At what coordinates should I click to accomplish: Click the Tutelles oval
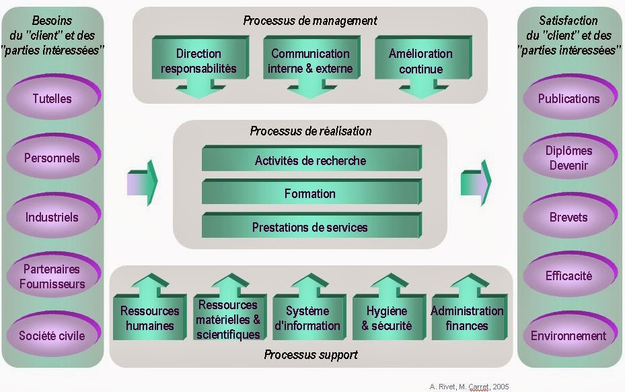[x=52, y=99]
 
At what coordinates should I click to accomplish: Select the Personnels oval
[x=52, y=158]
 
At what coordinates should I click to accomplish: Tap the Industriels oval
[x=52, y=218]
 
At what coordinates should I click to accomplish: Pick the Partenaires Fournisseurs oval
[x=52, y=276]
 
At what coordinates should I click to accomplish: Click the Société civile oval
[x=52, y=335]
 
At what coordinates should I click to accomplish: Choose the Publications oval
[x=568, y=99]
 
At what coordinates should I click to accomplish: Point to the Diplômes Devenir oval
[x=568, y=158]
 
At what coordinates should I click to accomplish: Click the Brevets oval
[x=568, y=218]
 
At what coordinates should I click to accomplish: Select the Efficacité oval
[x=568, y=276]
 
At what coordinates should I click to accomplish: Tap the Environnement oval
[x=568, y=335]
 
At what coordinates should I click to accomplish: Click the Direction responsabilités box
[x=198, y=61]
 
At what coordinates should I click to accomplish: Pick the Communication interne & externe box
[x=310, y=61]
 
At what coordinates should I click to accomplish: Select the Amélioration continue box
[x=420, y=61]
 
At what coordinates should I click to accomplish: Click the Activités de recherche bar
[x=310, y=160]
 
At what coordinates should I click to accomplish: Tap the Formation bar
[x=310, y=193]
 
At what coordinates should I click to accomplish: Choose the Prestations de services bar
[x=310, y=227]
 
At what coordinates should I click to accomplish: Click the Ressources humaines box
[x=149, y=317]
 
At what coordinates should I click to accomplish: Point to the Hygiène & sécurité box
[x=386, y=317]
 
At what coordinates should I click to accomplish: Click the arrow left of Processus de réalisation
[x=142, y=183]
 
